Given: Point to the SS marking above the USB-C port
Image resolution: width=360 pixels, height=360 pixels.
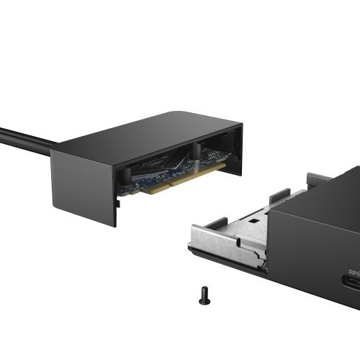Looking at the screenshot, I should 354,272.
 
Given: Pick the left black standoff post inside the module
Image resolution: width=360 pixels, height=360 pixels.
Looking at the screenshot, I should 124,175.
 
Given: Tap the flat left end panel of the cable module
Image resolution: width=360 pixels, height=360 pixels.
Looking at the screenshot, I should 83,184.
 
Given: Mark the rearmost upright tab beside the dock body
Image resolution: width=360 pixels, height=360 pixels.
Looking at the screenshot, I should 318,178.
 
